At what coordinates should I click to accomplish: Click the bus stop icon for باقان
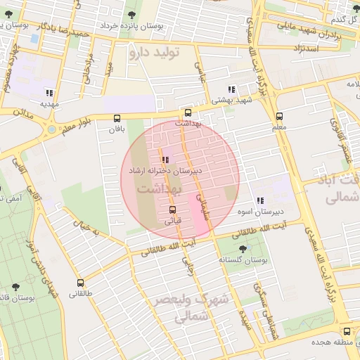coord(117,118)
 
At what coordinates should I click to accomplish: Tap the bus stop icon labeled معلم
coord(279,117)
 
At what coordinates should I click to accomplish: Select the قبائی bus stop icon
coord(172,210)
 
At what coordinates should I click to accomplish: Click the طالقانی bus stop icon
coord(80,283)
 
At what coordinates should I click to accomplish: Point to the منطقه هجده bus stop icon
coord(347,331)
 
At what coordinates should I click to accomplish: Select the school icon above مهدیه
coord(49,93)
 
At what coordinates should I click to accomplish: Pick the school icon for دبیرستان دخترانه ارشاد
coord(165,160)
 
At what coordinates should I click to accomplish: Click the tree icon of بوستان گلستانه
coord(243,249)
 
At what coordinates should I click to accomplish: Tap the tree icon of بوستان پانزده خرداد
coord(131,14)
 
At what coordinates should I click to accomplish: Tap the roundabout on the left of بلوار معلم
coord(51,129)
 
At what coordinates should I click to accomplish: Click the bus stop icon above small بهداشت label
coord(188,112)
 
